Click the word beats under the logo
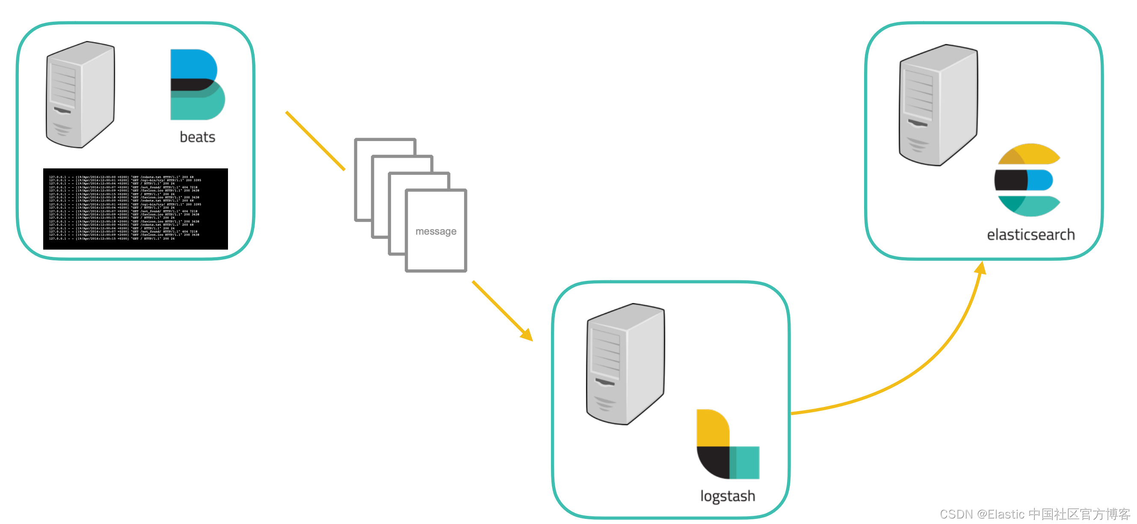tap(197, 137)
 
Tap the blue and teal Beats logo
tap(197, 84)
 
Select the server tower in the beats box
tap(80, 94)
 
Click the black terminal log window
tap(136, 209)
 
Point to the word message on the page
tap(435, 231)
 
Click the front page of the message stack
tap(435, 247)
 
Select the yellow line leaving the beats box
tap(315, 141)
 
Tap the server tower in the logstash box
tap(625, 364)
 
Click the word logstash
tap(727, 496)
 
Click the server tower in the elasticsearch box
tap(939, 105)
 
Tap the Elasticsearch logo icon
tap(1027, 180)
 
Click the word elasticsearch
tap(1030, 235)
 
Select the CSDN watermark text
tap(1035, 514)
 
